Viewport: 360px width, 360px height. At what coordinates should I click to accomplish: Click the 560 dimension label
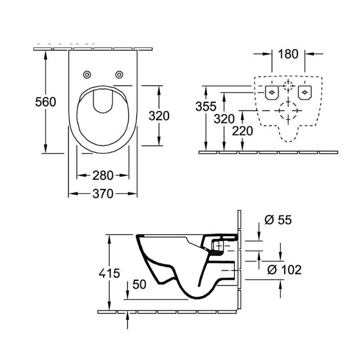click(x=46, y=102)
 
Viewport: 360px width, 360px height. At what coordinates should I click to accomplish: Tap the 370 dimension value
click(x=103, y=194)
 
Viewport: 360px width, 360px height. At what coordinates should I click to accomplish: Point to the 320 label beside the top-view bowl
click(x=159, y=116)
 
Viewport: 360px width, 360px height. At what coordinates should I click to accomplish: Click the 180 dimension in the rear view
click(x=288, y=54)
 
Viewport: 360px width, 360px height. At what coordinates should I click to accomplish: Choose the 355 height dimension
click(x=206, y=107)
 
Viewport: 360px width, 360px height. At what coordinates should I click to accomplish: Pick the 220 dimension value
click(x=243, y=131)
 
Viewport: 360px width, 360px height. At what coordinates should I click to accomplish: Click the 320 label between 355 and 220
click(x=224, y=119)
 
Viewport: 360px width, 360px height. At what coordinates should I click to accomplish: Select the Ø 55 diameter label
click(x=279, y=220)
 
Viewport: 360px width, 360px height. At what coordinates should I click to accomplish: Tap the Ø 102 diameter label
click(x=284, y=270)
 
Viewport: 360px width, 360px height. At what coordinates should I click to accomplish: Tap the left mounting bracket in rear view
click(x=271, y=92)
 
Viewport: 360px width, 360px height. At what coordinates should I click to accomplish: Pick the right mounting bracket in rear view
click(x=305, y=92)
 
